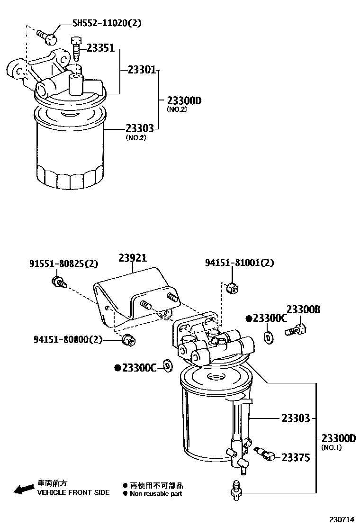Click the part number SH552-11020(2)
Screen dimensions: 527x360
(x=107, y=23)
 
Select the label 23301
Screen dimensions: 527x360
(x=142, y=70)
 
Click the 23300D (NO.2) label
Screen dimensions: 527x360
(x=184, y=101)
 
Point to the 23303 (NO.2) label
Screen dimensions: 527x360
(x=140, y=129)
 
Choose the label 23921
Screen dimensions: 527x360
(x=133, y=258)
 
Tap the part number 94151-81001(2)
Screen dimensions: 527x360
(x=239, y=262)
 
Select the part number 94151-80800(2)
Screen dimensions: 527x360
(x=68, y=339)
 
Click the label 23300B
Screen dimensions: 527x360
(x=304, y=310)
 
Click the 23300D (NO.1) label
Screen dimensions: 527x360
(x=338, y=439)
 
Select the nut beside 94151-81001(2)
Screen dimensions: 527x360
(x=232, y=287)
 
